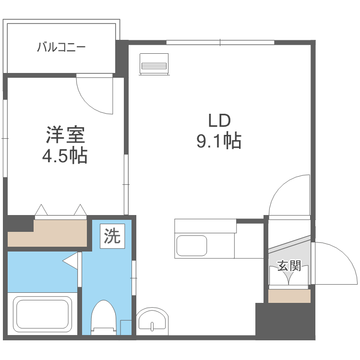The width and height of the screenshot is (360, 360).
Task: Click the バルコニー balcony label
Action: coord(61,48)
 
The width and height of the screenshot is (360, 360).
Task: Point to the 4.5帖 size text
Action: coord(66,156)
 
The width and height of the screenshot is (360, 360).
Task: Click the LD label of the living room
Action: coord(219,120)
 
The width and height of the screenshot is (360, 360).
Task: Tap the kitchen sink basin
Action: coord(192,246)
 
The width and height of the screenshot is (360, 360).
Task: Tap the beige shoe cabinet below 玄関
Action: coord(289,296)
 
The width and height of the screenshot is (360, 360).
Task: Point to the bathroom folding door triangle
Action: coord(71,261)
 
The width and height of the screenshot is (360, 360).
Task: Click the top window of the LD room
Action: coord(220,43)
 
